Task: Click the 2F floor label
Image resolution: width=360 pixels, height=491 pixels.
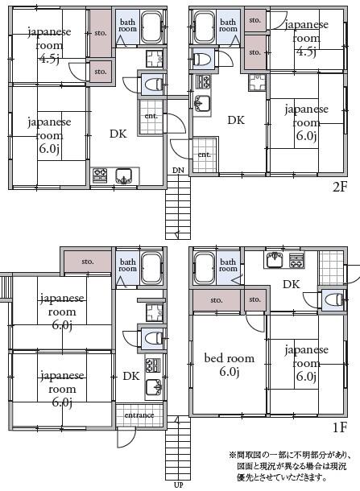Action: (340, 187)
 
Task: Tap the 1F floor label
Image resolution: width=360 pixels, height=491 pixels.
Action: (340, 427)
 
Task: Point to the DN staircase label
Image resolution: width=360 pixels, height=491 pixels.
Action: (178, 171)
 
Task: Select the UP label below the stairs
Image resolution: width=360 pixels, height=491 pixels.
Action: (178, 485)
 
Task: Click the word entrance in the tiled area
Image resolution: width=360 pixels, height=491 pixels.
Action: (139, 415)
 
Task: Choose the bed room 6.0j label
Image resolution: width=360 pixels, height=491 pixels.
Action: (230, 365)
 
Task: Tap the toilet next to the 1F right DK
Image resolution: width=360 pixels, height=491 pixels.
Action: (333, 299)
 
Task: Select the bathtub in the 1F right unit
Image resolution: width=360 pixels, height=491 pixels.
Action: (205, 268)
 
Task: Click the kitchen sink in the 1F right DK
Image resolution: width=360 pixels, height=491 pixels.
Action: (275, 260)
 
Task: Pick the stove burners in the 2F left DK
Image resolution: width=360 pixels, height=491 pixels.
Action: (100, 175)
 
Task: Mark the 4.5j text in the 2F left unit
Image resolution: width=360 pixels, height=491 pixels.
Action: (48, 59)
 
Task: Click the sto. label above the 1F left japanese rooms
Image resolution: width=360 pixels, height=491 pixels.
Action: (88, 261)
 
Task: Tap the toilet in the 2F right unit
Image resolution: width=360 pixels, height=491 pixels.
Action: (201, 59)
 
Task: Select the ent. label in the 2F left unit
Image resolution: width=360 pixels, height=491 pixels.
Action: (151, 116)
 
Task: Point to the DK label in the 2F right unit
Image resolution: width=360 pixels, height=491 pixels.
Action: (236, 120)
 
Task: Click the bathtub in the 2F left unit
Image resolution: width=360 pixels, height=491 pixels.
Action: (151, 27)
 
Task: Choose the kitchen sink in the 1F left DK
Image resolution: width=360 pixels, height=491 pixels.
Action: (154, 387)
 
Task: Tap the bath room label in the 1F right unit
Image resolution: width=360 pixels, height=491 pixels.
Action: (228, 265)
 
